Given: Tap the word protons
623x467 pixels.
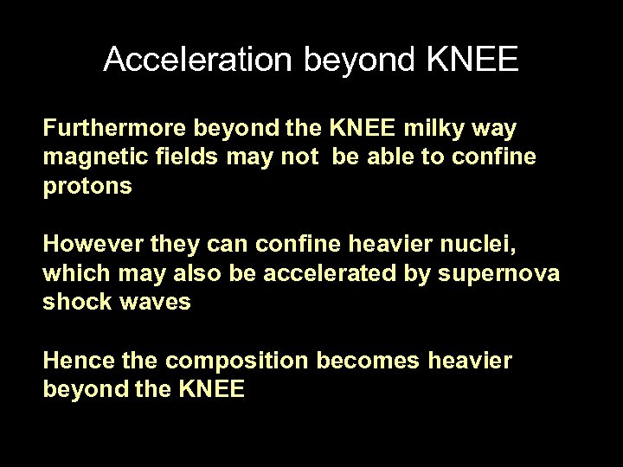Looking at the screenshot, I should [87, 187].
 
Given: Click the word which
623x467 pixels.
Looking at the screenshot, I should [72, 274].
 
